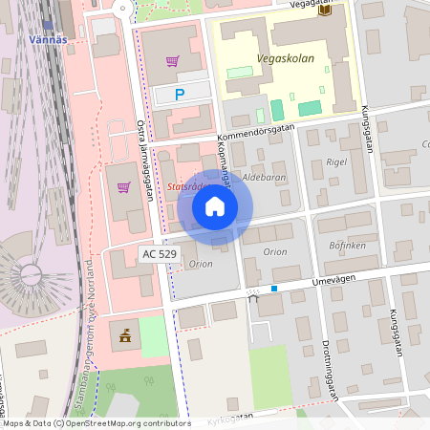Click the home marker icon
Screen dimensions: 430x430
point(215,205)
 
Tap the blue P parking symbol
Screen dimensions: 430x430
point(179,95)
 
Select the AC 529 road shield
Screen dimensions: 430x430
point(159,253)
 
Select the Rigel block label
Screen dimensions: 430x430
point(335,161)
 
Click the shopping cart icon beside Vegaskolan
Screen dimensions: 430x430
point(172,61)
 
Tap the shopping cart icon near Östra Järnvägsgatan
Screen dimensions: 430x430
point(123,187)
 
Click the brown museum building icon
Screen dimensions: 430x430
point(124,334)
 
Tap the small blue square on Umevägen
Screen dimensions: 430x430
point(274,288)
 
